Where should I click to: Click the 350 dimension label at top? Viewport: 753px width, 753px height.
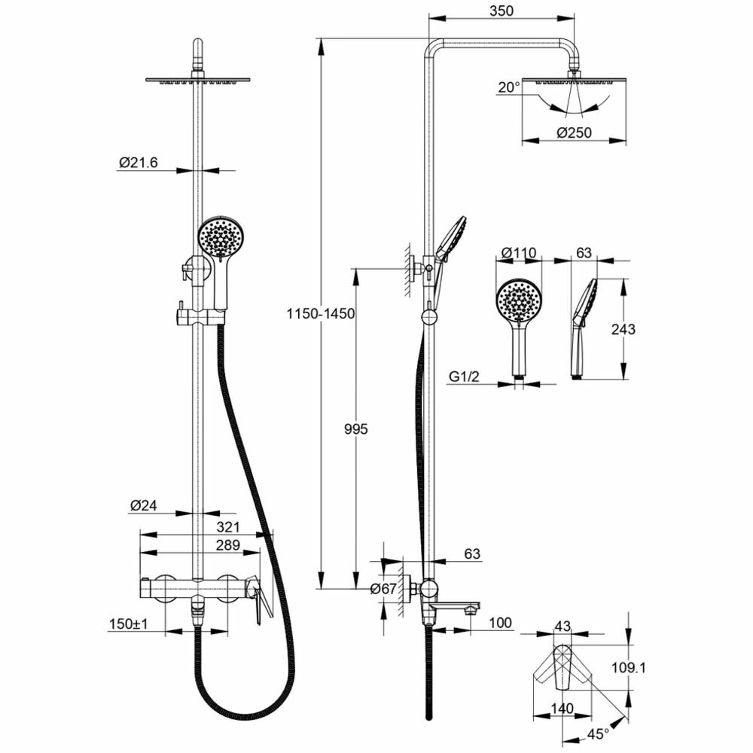pos(500,11)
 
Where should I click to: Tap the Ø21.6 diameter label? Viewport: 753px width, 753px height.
pos(139,162)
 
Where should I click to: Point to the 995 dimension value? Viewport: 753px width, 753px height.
pos(355,429)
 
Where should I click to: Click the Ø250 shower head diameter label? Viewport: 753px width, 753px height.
pos(574,133)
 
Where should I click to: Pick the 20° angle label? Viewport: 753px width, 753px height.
pos(508,87)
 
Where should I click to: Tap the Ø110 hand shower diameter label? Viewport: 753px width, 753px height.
pos(519,252)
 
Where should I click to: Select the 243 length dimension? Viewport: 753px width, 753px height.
pos(623,329)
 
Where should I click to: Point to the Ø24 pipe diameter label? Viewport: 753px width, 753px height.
pos(142,506)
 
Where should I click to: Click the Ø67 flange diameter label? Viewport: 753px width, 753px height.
pos(383,590)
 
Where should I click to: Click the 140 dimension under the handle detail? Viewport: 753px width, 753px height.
pos(562,708)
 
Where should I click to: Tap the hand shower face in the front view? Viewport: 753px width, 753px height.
pos(219,239)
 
